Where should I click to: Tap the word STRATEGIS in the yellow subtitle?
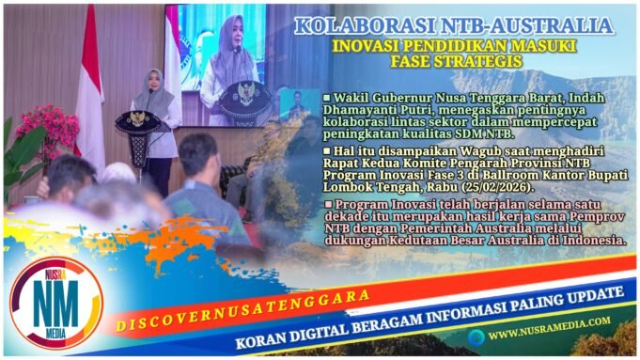[x=496, y=61]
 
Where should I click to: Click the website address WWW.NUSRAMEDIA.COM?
[x=549, y=333]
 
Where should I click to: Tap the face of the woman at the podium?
[x=152, y=81]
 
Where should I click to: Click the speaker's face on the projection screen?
[x=229, y=34]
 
